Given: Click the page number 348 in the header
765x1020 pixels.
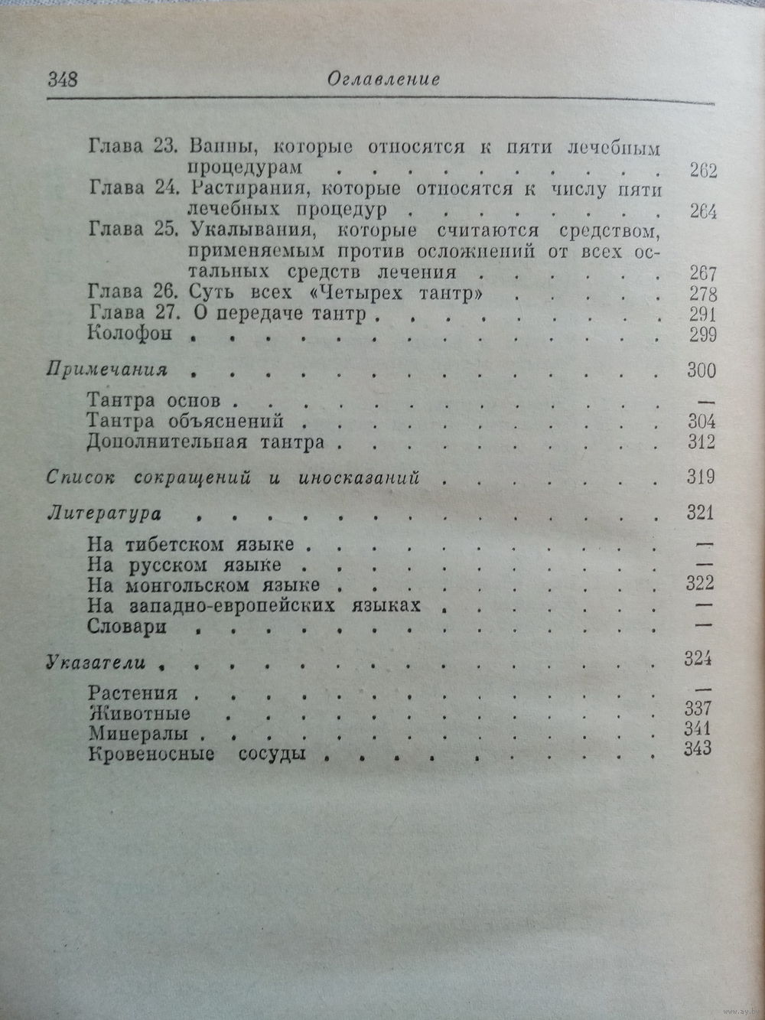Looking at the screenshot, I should point(63,79).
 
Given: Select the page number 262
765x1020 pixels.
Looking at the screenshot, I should point(701,170).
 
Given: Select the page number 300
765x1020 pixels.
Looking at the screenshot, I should point(701,370).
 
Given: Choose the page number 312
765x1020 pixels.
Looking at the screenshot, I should point(701,442).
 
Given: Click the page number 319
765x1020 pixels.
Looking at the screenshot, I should point(701,477).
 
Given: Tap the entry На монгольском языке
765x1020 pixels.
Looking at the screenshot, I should point(203,585).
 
